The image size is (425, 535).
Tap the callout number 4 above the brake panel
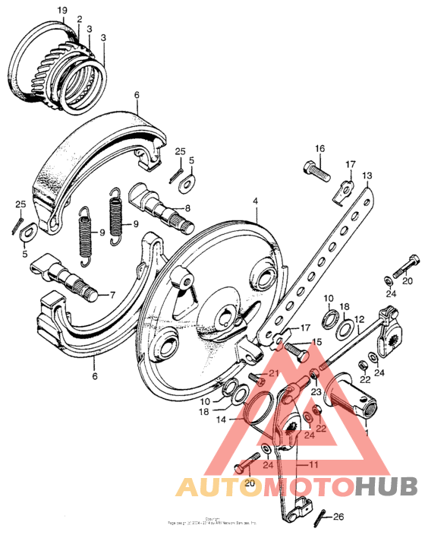click(256, 202)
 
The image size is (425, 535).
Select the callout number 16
click(320, 147)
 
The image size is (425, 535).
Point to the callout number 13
click(367, 176)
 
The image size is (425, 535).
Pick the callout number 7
click(113, 294)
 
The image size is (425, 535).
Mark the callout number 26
click(338, 511)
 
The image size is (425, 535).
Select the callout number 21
click(274, 372)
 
